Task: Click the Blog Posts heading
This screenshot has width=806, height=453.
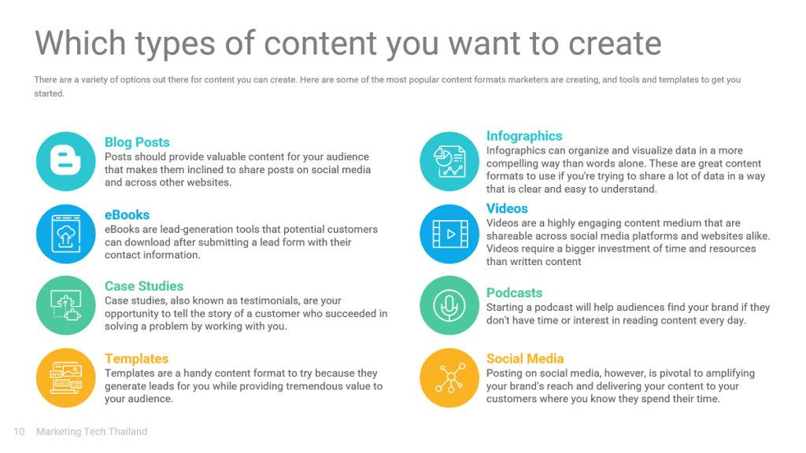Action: [137, 142]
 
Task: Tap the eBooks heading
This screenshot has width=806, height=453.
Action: [127, 215]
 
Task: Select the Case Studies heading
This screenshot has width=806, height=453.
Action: [144, 286]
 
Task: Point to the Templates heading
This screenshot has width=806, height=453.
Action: [137, 359]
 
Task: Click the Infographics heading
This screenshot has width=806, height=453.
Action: [524, 136]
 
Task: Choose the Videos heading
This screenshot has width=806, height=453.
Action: [507, 208]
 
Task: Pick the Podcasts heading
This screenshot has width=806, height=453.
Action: [514, 293]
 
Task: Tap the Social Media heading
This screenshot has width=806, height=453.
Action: [525, 359]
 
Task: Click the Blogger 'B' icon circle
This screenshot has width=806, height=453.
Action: [66, 161]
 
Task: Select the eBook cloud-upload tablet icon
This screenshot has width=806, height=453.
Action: [66, 234]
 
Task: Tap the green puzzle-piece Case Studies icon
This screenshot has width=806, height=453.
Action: [66, 306]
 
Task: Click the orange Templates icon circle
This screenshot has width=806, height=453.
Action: [66, 378]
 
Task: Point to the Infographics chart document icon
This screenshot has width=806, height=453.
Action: [449, 161]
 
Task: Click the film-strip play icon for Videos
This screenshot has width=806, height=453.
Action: [449, 234]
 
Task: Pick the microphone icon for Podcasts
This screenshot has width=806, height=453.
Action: [449, 306]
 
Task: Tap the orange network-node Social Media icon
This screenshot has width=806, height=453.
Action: [449, 378]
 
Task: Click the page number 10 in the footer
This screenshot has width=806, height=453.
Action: [19, 432]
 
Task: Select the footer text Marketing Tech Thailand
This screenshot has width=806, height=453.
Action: [91, 432]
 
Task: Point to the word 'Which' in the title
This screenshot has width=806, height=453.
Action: [80, 42]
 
